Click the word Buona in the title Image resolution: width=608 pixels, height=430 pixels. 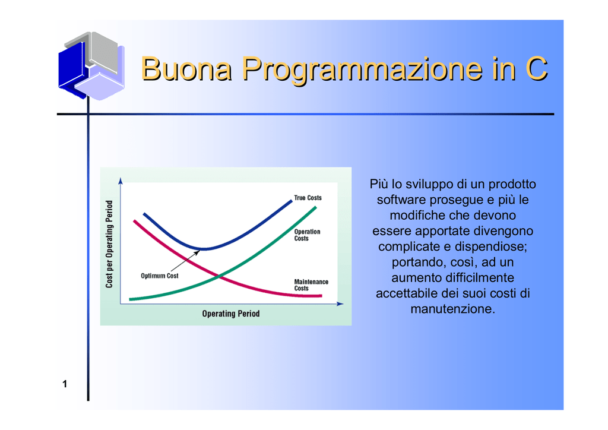[x=186, y=69]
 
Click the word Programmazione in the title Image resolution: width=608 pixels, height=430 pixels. [x=363, y=70]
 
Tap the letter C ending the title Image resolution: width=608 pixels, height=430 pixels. [x=536, y=69]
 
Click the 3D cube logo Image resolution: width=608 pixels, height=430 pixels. [x=91, y=65]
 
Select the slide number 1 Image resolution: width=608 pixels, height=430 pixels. [x=65, y=384]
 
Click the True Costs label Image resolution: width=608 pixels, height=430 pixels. [x=308, y=198]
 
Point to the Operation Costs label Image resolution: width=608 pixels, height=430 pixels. [x=307, y=235]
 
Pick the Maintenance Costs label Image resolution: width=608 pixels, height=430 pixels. [x=311, y=285]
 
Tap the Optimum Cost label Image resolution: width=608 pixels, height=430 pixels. [x=159, y=276]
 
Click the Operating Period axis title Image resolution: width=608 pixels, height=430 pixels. [x=231, y=313]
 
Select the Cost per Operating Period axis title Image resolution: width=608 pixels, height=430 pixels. [x=109, y=244]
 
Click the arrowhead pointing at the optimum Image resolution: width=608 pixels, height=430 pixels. [x=197, y=252]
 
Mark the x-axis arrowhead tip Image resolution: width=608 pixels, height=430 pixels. [x=344, y=303]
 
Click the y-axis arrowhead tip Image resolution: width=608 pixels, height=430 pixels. [x=121, y=178]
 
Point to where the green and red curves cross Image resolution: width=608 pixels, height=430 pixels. [x=220, y=276]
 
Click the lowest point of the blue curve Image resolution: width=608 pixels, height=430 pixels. [x=204, y=249]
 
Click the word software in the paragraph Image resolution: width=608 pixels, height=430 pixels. [x=402, y=200]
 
